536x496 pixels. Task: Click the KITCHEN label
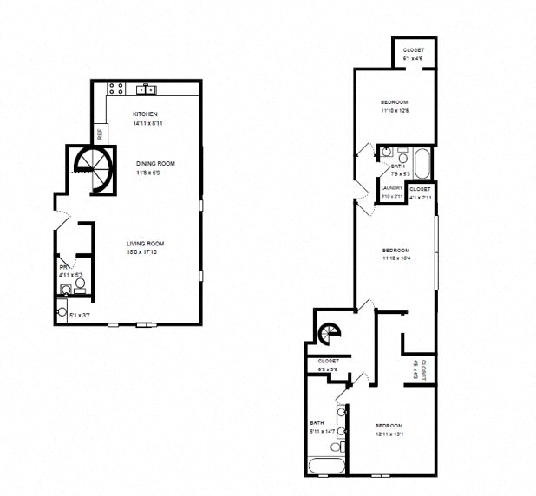(145, 115)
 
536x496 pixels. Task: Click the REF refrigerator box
(100, 134)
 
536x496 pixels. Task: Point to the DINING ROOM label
(155, 163)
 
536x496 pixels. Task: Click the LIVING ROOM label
(145, 244)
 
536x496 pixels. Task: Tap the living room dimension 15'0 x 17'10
(145, 253)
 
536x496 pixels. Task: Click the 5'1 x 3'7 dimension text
(80, 315)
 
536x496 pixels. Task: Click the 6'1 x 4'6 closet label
(414, 59)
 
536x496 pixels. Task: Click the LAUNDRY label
(392, 189)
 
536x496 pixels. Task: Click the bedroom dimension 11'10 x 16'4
(395, 258)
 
